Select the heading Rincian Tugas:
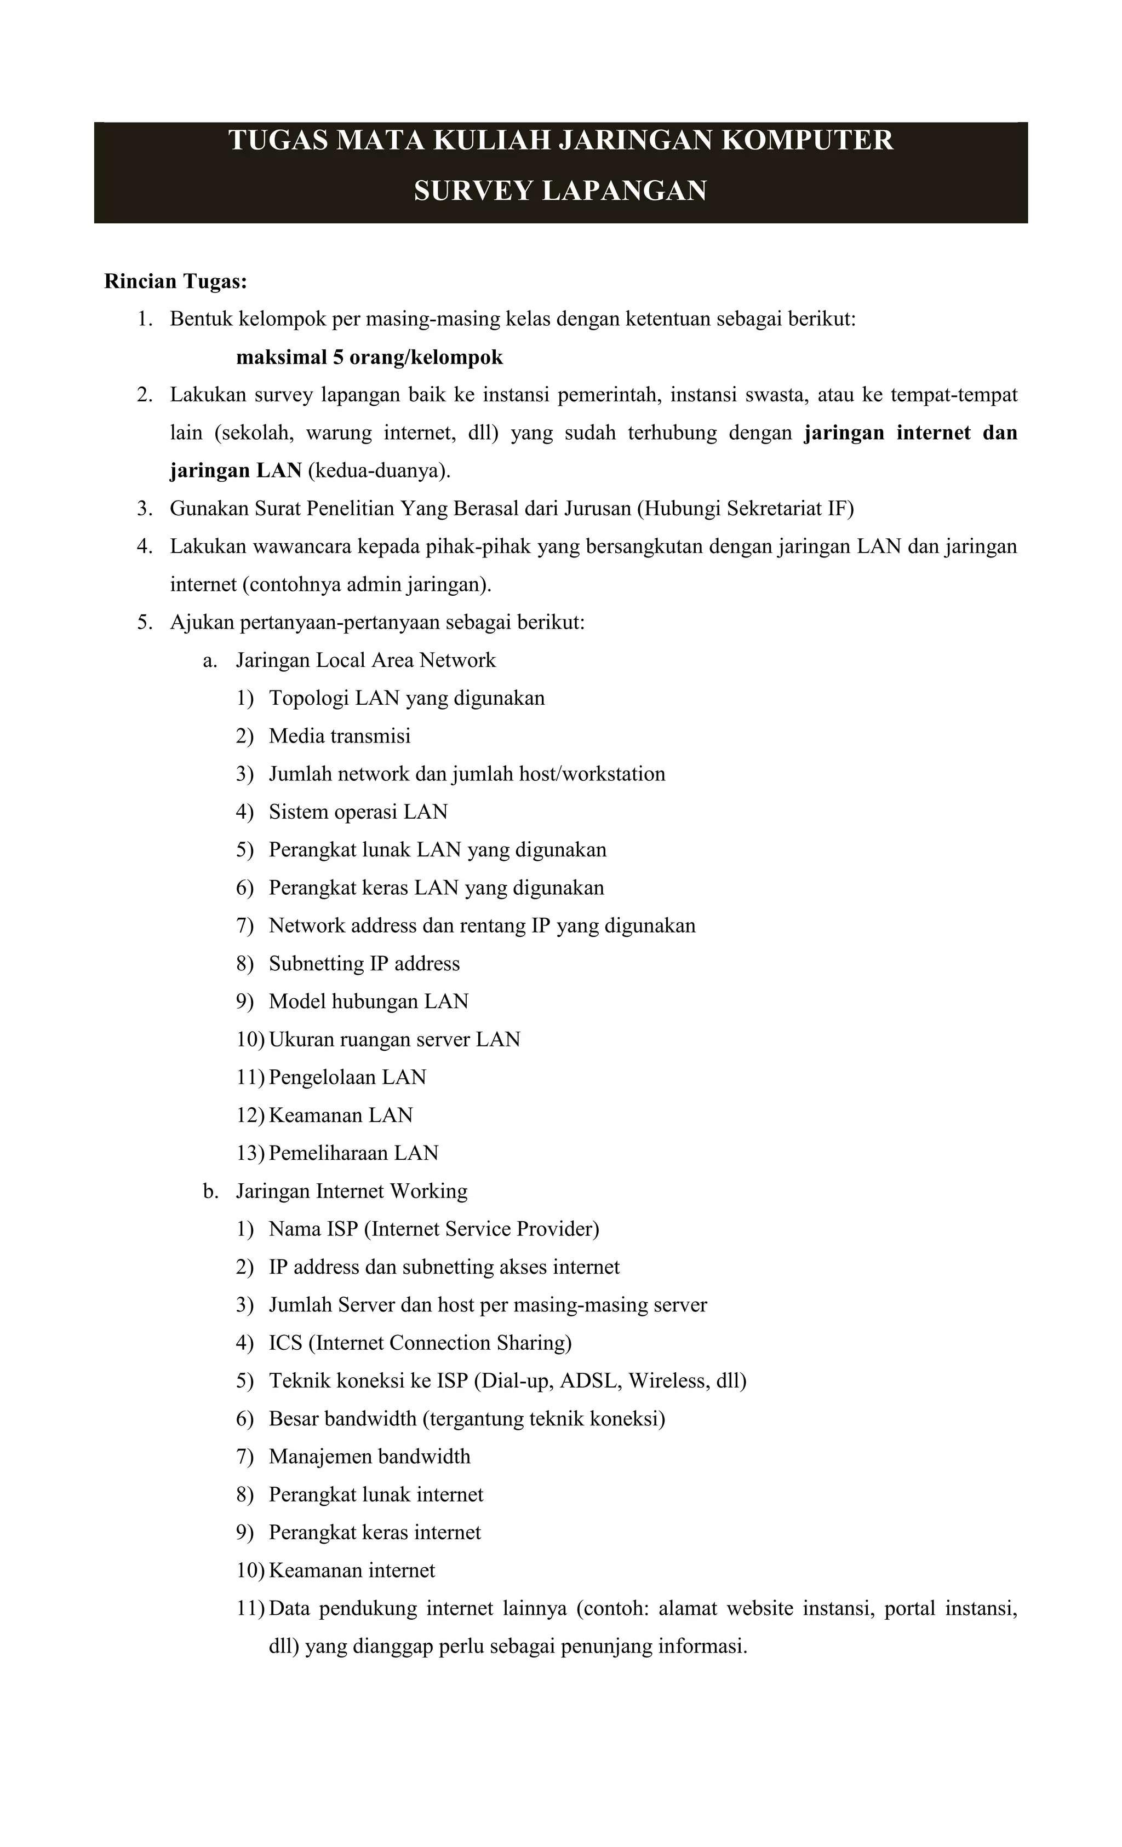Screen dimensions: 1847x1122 tap(175, 282)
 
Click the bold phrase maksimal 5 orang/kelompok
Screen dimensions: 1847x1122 tap(369, 358)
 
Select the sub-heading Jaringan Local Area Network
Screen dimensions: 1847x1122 tap(365, 660)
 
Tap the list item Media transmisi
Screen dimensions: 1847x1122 tap(339, 736)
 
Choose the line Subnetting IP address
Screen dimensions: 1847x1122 tap(364, 964)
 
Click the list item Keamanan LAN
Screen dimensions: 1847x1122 tap(341, 1115)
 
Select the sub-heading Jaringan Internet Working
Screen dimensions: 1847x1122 tap(351, 1191)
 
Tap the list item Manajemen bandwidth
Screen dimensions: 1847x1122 tap(369, 1457)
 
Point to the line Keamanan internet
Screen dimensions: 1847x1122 tap(351, 1570)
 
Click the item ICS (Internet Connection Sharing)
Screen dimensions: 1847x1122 tap(420, 1343)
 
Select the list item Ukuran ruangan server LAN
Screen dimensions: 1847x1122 tap(394, 1040)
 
